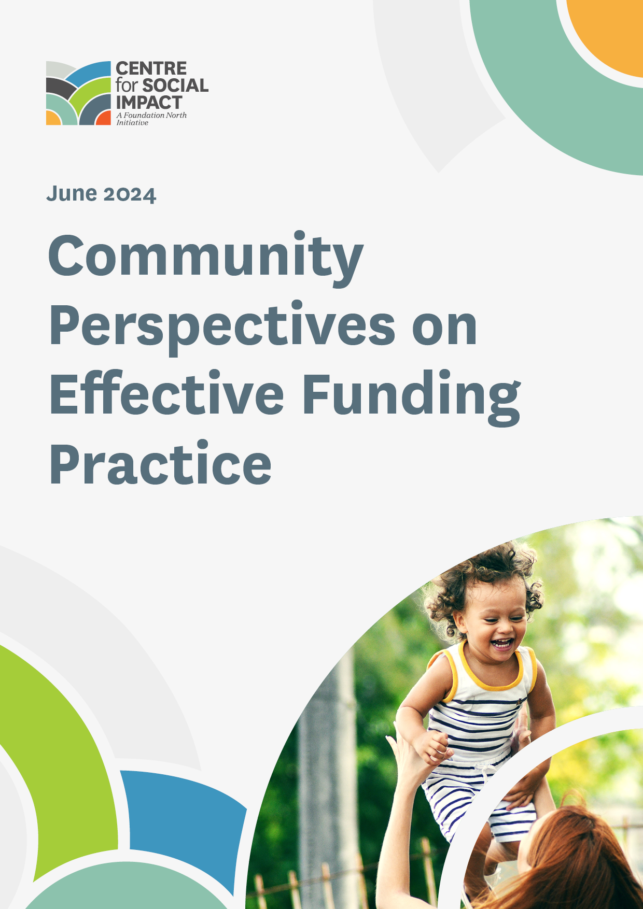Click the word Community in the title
point(206,257)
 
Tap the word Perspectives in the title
point(222,326)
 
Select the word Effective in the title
point(166,395)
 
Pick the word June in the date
point(72,194)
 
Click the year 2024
point(130,194)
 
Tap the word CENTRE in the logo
point(151,68)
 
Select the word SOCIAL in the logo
point(175,86)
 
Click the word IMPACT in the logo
point(149,102)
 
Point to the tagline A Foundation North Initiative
point(151,119)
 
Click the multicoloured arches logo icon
point(78,93)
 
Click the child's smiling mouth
point(502,644)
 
